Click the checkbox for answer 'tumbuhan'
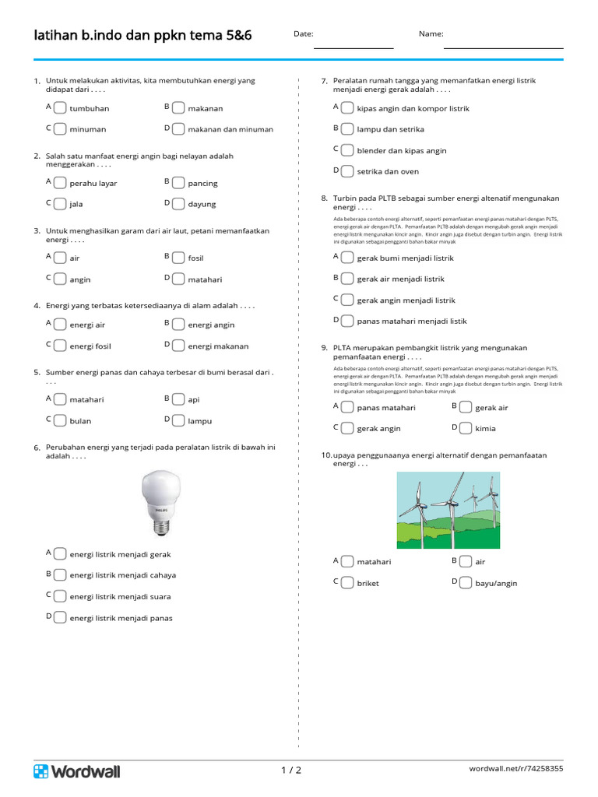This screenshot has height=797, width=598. click(x=60, y=107)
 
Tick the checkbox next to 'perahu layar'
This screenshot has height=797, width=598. click(x=60, y=182)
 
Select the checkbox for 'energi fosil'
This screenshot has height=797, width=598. click(x=60, y=346)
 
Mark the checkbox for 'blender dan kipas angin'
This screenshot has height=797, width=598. click(x=347, y=149)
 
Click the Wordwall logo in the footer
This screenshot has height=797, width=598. click(x=77, y=771)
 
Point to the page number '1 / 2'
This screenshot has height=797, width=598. click(x=290, y=771)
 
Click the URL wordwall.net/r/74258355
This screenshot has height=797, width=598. click(x=516, y=769)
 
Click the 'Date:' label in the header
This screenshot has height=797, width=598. click(x=304, y=34)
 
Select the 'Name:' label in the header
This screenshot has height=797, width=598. click(x=431, y=34)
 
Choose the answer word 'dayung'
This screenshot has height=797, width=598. click(x=202, y=204)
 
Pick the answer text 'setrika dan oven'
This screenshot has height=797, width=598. click(x=388, y=171)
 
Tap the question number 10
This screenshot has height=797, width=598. click(x=326, y=455)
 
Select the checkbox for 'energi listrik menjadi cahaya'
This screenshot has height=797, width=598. click(x=60, y=574)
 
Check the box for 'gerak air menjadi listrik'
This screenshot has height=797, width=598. click(x=347, y=278)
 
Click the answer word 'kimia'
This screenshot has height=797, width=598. click(x=485, y=428)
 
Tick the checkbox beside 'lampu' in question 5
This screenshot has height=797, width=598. click(x=178, y=420)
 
